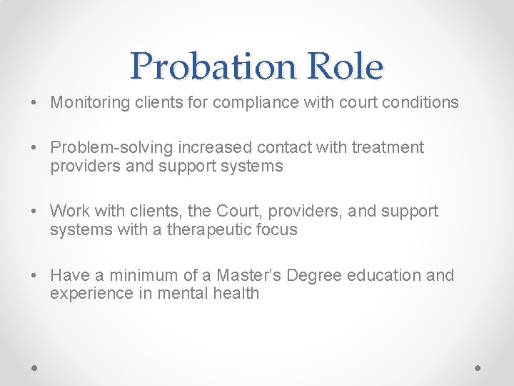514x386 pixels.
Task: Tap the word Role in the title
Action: [345, 66]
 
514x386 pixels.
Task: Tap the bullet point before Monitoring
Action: [35, 103]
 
